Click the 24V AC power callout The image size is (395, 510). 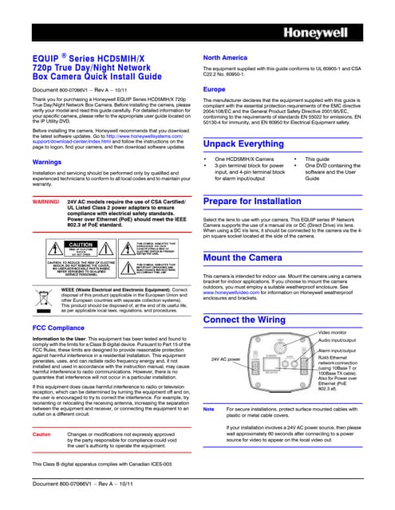(227, 359)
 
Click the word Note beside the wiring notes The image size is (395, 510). (210, 409)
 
